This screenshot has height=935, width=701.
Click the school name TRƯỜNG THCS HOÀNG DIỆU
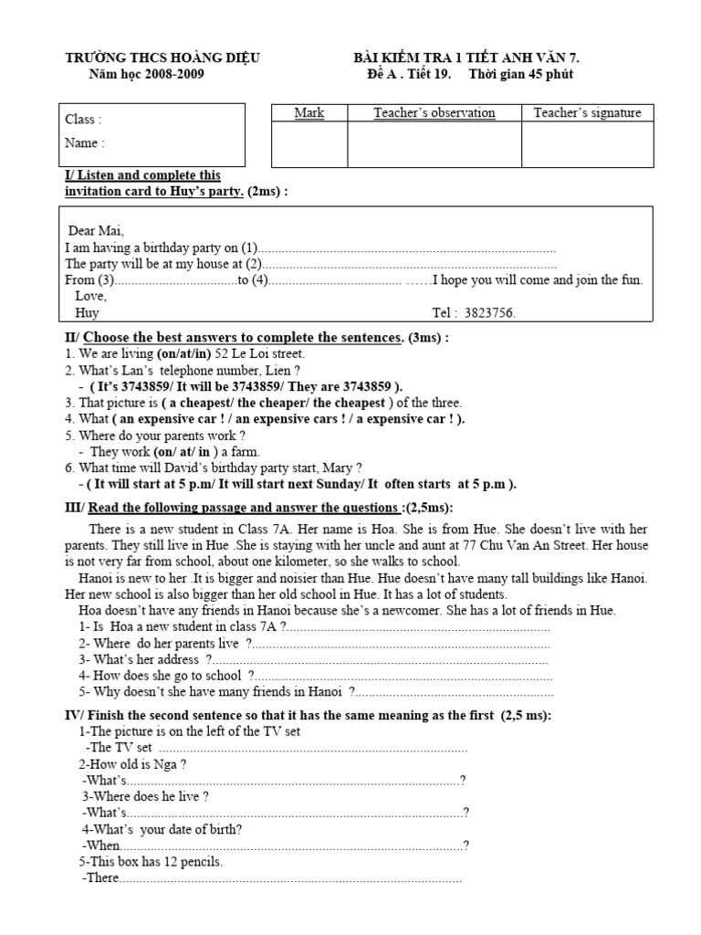162,58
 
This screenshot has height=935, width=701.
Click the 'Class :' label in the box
83,120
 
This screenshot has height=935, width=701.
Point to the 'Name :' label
84,142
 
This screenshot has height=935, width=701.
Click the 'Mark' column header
309,113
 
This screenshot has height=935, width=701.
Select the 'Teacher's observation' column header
434,113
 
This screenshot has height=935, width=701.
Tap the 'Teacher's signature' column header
587,113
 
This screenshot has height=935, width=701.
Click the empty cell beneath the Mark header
309,144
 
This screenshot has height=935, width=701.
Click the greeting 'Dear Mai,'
97,230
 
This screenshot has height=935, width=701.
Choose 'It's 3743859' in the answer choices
129,386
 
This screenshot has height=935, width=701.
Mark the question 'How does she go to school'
169,676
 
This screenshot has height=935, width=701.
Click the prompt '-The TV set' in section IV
118,747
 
